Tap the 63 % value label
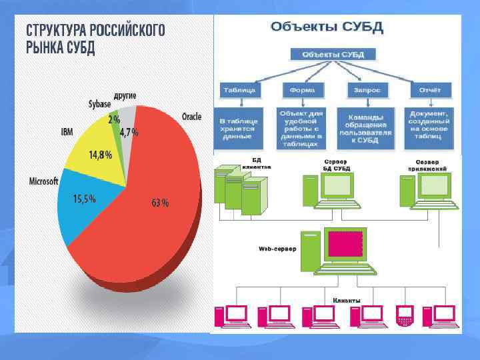[x=160, y=203]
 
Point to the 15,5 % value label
[x=85, y=198]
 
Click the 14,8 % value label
[x=101, y=155]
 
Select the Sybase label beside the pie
[x=100, y=105]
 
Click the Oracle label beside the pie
[x=191, y=117]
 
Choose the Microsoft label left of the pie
[x=44, y=181]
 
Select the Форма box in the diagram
[x=303, y=90]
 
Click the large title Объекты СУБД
[x=326, y=27]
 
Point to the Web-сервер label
[x=277, y=248]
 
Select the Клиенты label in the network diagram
[x=347, y=300]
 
